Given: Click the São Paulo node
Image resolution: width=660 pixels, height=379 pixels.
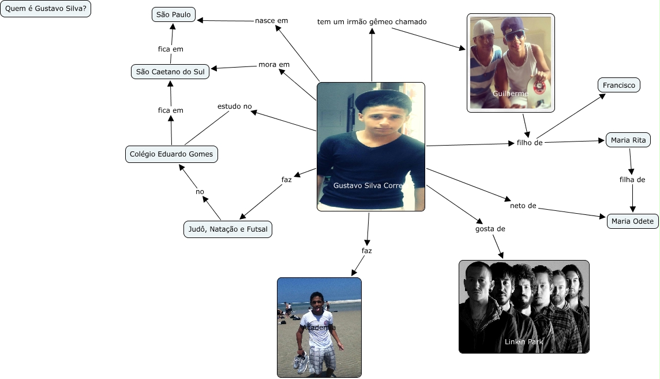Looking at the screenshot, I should (x=174, y=14).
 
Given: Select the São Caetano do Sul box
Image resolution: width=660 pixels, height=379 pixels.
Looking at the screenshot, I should (x=170, y=72).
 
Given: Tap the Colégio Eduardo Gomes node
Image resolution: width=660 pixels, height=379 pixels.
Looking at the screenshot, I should (x=171, y=154).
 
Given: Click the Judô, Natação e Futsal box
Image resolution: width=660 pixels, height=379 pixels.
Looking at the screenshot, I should (x=227, y=229).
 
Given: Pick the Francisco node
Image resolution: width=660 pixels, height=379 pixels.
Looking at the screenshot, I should (x=618, y=86).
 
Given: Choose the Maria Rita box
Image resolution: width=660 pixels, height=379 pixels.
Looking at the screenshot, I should (x=628, y=140).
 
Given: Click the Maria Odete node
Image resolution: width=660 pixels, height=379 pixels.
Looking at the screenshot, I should (x=632, y=221).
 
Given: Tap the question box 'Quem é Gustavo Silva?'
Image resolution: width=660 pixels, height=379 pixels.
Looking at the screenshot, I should (x=46, y=10).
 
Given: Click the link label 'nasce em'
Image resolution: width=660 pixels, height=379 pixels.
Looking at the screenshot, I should (x=271, y=21).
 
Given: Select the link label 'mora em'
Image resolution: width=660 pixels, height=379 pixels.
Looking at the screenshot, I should (x=273, y=65).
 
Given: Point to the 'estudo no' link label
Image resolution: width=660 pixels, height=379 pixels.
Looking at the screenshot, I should (x=234, y=106).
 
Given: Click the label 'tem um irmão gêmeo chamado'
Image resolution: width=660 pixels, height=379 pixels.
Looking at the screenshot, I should (x=372, y=22).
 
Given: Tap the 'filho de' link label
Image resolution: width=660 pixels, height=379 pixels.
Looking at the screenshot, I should (x=529, y=143).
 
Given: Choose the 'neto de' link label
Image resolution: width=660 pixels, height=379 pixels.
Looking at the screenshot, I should (x=523, y=205).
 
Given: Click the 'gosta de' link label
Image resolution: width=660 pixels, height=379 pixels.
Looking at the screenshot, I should (x=490, y=229).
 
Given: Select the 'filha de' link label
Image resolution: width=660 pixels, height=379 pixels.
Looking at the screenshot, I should (x=632, y=180).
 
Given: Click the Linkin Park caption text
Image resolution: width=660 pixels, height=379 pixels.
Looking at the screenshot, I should (x=523, y=342).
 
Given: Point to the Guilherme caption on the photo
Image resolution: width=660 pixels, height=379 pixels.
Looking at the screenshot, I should (x=510, y=93).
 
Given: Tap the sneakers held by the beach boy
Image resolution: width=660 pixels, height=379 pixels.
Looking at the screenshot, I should (x=301, y=362).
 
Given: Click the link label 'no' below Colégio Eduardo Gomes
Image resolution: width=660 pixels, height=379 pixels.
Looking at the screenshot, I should (x=200, y=192).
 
